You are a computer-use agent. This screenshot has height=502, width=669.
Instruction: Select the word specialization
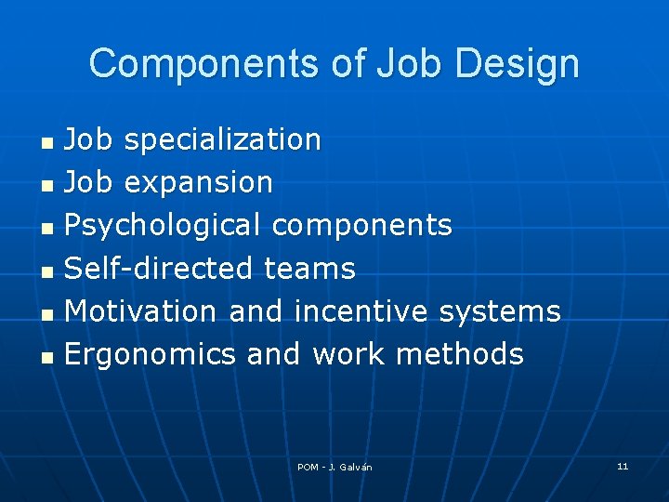coord(222,140)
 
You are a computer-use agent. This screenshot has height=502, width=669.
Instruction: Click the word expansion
coord(198,183)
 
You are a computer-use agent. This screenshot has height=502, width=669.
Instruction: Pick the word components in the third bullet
coord(362,226)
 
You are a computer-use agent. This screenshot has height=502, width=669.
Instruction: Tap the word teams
coord(309,269)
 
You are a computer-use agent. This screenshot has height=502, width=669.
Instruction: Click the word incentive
coord(362,311)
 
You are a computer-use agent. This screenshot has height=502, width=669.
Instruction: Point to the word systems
coord(500,312)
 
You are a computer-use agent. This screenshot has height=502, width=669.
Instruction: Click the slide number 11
coord(623,466)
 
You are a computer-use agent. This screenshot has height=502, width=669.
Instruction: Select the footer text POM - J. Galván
coord(334,467)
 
